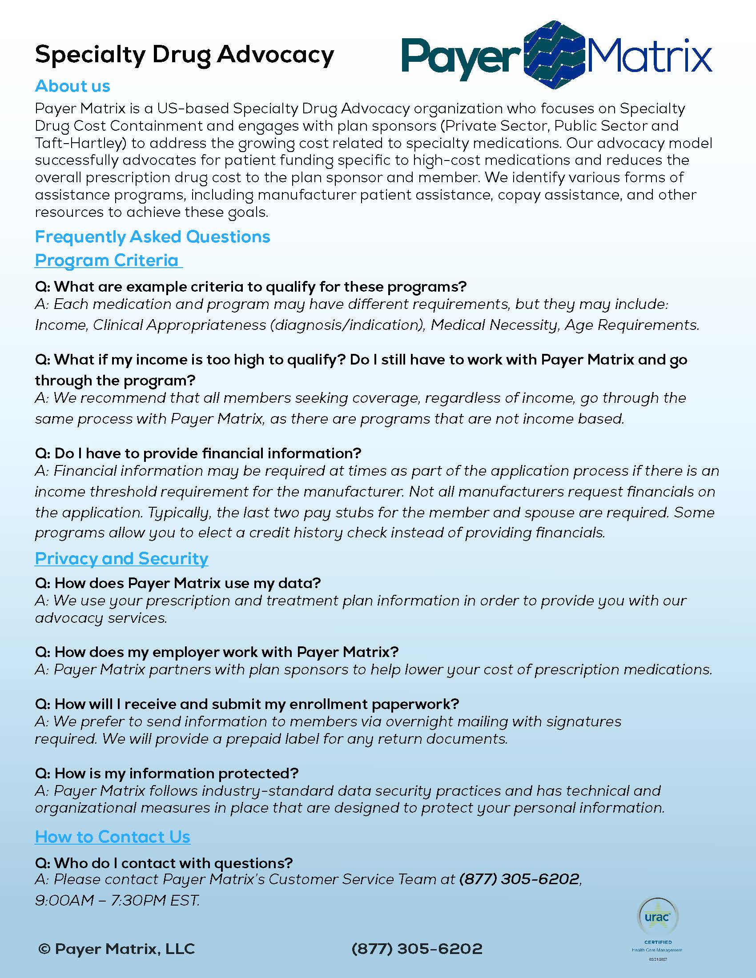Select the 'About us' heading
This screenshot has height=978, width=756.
72,86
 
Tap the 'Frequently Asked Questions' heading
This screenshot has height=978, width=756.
152,236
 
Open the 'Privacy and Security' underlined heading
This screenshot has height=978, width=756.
121,558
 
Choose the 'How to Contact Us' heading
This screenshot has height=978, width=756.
113,837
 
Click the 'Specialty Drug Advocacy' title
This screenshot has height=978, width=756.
185,55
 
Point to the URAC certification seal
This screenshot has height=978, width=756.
657,917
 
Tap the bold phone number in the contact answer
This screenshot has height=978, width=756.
519,879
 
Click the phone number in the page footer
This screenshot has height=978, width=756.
417,949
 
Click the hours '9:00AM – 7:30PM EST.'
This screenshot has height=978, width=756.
117,900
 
